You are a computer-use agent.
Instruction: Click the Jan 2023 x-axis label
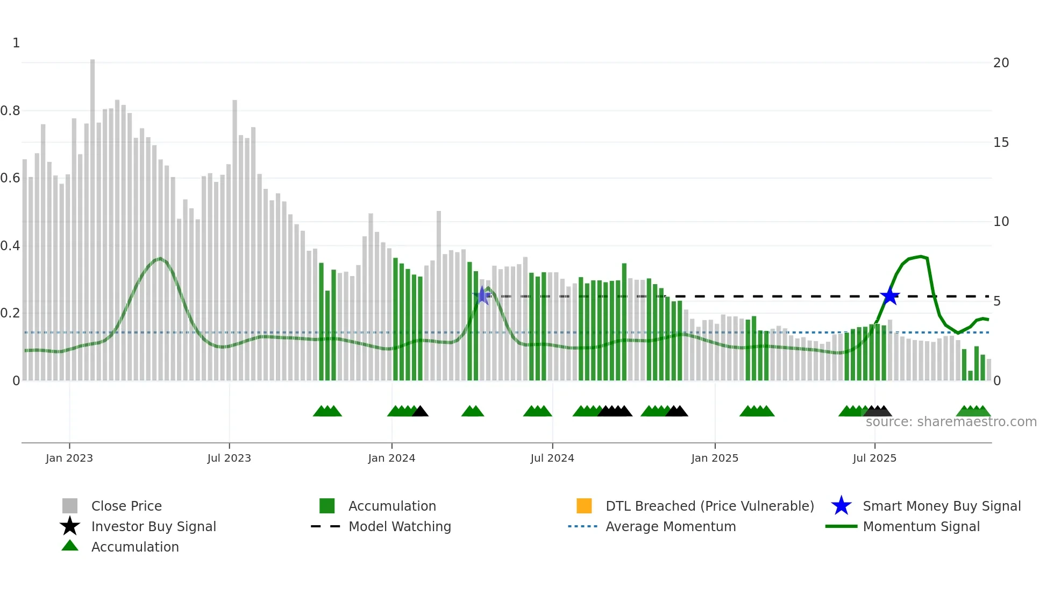click(69, 458)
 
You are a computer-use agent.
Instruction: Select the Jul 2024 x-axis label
click(552, 458)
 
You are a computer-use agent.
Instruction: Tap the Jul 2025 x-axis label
click(874, 458)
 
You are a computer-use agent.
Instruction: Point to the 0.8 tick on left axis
click(10, 111)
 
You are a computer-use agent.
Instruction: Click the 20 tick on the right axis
click(1001, 63)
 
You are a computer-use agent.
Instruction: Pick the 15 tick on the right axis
click(1001, 143)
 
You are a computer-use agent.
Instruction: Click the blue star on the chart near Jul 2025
click(890, 296)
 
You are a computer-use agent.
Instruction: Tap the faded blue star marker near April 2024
click(483, 295)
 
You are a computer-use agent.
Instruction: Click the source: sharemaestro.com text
click(951, 422)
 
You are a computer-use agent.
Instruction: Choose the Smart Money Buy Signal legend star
click(841, 506)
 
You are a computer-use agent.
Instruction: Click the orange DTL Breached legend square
click(584, 506)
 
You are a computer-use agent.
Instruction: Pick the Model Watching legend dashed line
click(325, 526)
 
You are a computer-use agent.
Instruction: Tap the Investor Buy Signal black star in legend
click(70, 526)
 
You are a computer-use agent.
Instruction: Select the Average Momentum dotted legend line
click(582, 526)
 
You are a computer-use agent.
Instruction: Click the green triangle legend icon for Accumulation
click(70, 546)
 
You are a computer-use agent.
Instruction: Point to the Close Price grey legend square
click(70, 506)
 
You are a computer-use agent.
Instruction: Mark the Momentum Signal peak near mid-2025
click(921, 257)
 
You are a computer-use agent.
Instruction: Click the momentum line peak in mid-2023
click(160, 259)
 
